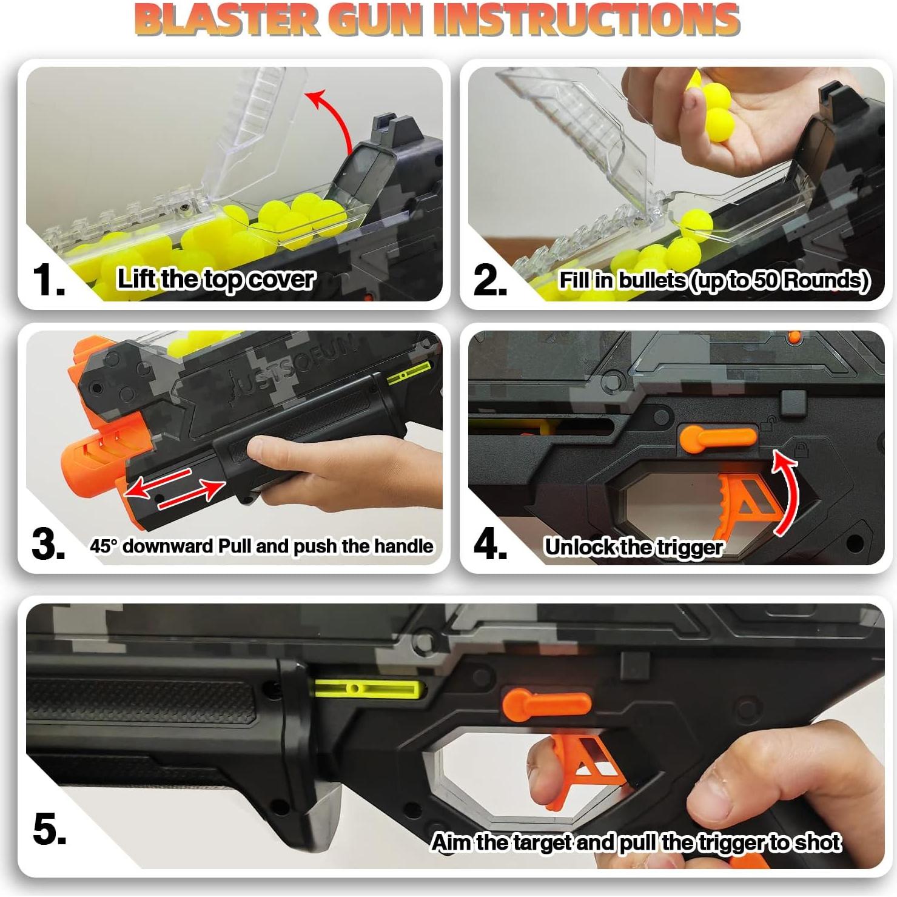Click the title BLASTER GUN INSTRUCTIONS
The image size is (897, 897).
[437, 20]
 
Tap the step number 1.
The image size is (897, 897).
[49, 281]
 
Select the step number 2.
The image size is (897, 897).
[490, 281]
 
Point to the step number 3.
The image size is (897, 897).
[49, 545]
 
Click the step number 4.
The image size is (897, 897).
[490, 545]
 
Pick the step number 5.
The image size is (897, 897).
[50, 829]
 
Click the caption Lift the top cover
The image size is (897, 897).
[216, 280]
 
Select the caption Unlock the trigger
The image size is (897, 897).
[633, 547]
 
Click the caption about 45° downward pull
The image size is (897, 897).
[261, 546]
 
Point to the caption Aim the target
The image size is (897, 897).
[636, 842]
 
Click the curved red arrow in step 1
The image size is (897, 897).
[333, 118]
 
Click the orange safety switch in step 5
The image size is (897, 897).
[546, 704]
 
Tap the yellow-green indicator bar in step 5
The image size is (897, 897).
[366, 688]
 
